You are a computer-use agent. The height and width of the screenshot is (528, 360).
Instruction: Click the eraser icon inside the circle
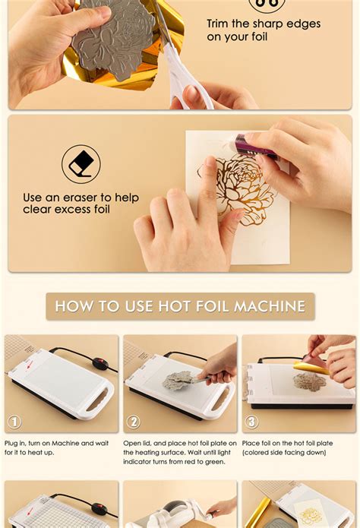click(81, 164)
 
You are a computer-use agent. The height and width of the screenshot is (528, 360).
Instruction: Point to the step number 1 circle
click(14, 422)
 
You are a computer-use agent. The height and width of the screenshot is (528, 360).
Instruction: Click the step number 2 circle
click(134, 422)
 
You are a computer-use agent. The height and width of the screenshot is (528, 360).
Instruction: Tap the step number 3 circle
click(252, 422)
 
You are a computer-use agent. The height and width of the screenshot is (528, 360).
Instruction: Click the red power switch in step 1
click(100, 364)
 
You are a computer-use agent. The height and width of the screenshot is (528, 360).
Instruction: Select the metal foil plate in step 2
click(178, 381)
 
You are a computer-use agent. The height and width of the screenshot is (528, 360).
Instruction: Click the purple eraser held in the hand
click(257, 147)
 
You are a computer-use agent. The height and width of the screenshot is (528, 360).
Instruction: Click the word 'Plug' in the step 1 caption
click(11, 444)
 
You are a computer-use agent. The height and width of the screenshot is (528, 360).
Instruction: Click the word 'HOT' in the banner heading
click(174, 306)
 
